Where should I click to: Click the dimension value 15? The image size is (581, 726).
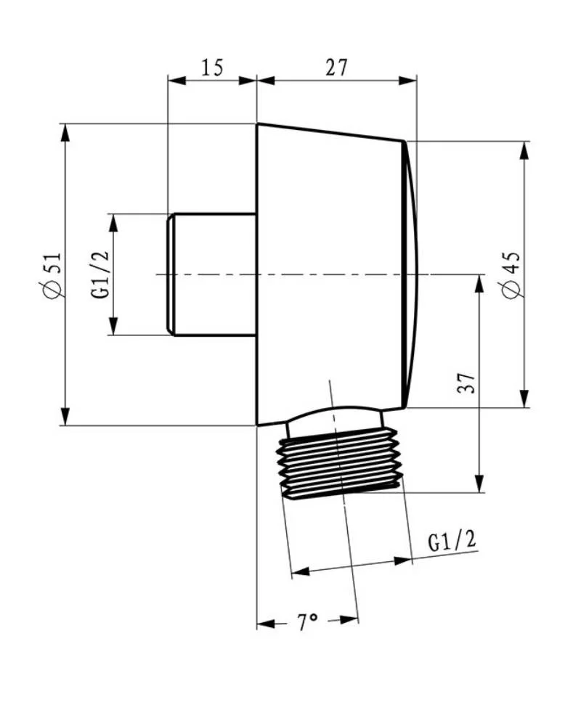(x=212, y=68)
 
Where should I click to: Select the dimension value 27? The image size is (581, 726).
(x=336, y=68)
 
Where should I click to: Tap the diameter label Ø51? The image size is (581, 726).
(x=52, y=275)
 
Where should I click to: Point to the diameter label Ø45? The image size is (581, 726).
(x=512, y=275)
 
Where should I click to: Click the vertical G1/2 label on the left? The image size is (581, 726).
(x=99, y=274)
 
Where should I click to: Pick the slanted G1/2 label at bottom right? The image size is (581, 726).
(x=452, y=540)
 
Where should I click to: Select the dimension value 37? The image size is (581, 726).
(x=467, y=383)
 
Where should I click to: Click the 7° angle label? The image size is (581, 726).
(x=307, y=622)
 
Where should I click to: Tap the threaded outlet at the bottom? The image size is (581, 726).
(x=338, y=463)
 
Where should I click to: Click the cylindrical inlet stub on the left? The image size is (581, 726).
(x=212, y=274)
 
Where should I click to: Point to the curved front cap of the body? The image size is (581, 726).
(x=411, y=274)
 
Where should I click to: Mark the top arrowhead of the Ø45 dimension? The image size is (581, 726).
(x=524, y=150)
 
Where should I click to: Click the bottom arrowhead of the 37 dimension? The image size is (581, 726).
(x=480, y=484)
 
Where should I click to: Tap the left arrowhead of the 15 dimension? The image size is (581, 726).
(x=176, y=81)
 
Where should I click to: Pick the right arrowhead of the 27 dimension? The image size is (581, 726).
(x=407, y=81)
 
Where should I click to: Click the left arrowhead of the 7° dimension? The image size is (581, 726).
(x=266, y=624)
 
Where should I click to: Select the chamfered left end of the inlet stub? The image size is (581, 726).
(x=171, y=274)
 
